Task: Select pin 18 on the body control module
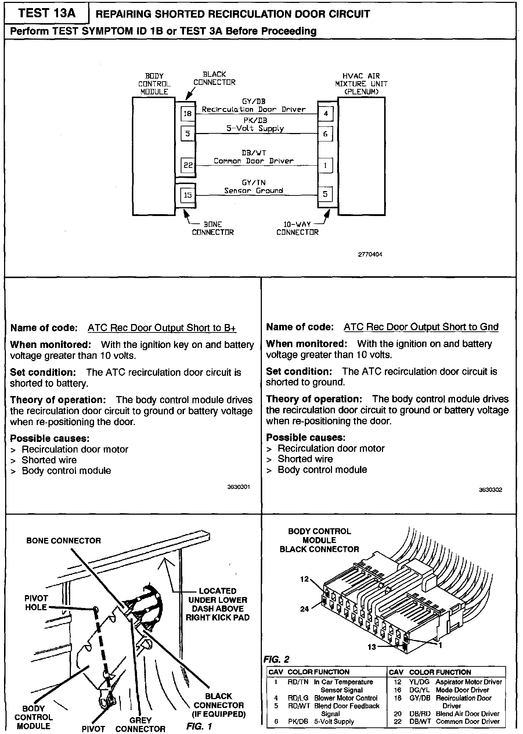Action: [188, 114]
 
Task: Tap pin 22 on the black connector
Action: [188, 165]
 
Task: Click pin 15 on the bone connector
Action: [188, 195]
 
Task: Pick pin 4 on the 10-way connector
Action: [326, 114]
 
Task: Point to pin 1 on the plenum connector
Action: [325, 165]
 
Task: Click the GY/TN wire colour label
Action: [253, 183]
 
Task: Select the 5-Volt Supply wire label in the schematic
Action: [255, 128]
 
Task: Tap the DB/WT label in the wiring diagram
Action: [254, 153]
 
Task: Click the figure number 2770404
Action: [370, 254]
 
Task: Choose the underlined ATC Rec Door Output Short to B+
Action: [162, 328]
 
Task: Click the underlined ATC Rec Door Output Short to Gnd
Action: [421, 327]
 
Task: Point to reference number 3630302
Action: [490, 490]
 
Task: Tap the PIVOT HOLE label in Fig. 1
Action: [36, 603]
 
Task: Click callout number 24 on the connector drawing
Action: [304, 609]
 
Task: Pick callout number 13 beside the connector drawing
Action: [372, 647]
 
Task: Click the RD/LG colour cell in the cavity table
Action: [298, 698]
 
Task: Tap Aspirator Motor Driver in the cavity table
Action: [469, 682]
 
